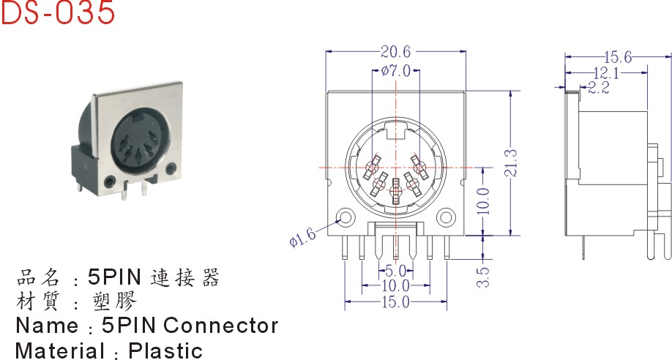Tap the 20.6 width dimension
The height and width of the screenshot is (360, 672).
tap(396, 51)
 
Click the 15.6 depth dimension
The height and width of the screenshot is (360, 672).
tap(618, 56)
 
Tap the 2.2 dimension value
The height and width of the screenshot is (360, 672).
tap(599, 88)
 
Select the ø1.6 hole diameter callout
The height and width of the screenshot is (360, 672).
tap(302, 236)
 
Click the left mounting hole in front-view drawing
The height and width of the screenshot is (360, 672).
tap(344, 217)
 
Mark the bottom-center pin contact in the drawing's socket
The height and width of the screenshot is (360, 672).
tap(396, 192)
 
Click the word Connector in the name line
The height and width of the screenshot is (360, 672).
tap(221, 325)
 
